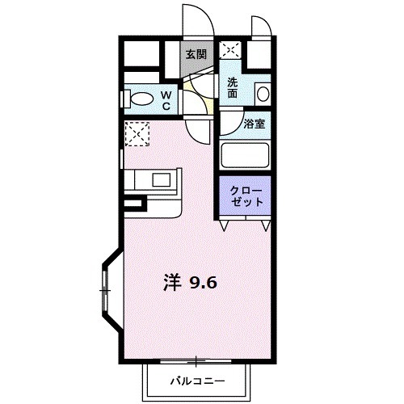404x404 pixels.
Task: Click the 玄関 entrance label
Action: tap(195, 54)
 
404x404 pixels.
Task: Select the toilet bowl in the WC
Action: tap(142, 100)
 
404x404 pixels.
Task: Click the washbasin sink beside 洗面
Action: tap(262, 93)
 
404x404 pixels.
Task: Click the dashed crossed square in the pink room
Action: tap(138, 133)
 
